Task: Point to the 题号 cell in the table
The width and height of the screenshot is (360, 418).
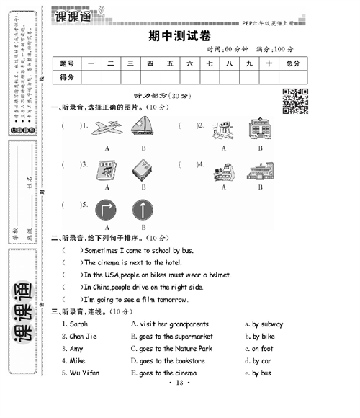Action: (x=67, y=63)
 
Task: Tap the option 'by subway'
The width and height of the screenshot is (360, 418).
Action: (x=264, y=324)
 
